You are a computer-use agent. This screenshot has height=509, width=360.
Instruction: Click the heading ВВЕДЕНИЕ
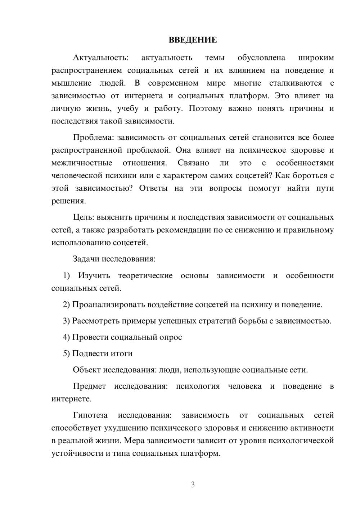tap(193, 40)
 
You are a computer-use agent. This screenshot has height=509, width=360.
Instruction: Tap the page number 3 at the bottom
tap(193, 485)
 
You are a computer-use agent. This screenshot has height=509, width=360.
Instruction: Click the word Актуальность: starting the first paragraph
tap(100, 58)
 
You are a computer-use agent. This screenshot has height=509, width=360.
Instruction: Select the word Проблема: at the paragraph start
tap(94, 138)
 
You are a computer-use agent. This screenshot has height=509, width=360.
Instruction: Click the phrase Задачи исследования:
tap(114, 259)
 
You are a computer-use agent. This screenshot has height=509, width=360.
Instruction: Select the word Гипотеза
tap(90, 415)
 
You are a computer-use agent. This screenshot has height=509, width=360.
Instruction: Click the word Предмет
tap(89, 386)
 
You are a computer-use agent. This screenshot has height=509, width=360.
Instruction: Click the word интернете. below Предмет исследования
tap(71, 399)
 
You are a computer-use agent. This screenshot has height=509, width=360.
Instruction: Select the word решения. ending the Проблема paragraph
tap(68, 201)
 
